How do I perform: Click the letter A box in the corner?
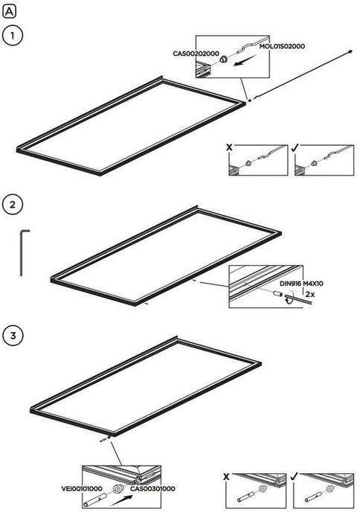(x=9, y=12)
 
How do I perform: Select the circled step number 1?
(x=13, y=35)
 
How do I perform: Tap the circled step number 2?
(x=13, y=205)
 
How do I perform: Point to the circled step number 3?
(x=13, y=335)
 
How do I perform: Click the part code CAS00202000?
(x=196, y=54)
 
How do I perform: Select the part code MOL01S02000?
(x=282, y=46)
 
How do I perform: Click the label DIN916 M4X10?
(x=301, y=284)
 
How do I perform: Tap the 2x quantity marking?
(x=310, y=294)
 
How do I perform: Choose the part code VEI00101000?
(x=82, y=488)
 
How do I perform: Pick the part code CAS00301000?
(x=152, y=488)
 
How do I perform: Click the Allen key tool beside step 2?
(x=22, y=252)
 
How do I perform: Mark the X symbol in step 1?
(x=229, y=147)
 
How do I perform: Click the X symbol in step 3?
(x=226, y=477)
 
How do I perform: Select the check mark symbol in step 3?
(x=294, y=476)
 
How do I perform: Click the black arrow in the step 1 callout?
(x=245, y=60)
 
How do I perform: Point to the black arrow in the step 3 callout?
(x=121, y=500)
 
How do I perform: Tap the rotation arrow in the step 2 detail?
(x=288, y=298)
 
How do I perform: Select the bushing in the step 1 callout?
(x=223, y=60)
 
